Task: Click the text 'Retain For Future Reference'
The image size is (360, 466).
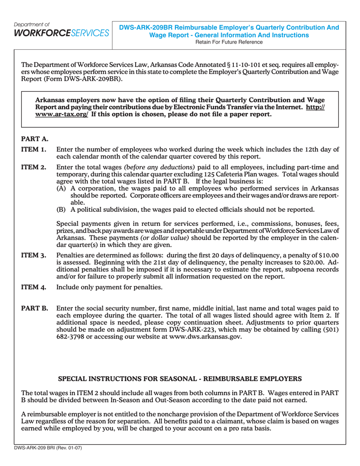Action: tap(229, 42)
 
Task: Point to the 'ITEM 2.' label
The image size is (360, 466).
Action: tap(34, 167)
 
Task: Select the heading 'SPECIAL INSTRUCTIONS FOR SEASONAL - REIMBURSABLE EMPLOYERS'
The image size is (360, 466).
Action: tap(179, 378)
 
